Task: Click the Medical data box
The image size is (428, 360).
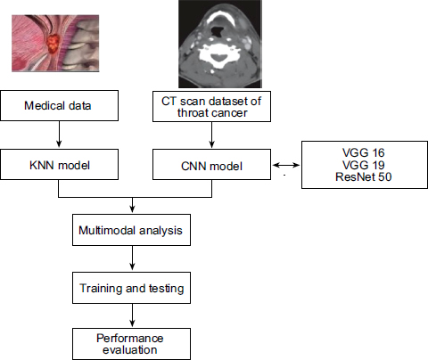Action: (59, 106)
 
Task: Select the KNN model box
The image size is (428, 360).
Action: (59, 165)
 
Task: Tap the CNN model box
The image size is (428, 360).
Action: (211, 165)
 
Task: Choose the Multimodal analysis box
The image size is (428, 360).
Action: (131, 230)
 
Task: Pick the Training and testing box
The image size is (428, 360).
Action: (131, 288)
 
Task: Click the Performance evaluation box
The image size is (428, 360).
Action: (131, 344)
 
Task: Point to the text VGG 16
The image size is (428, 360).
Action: (363, 152)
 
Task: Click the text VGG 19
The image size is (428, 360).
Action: (363, 165)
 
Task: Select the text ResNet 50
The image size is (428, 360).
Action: (363, 177)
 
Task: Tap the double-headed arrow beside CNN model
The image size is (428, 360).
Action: (286, 165)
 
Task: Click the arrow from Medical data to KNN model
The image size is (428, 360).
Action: (59, 134)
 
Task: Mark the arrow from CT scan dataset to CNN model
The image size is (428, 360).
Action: (211, 135)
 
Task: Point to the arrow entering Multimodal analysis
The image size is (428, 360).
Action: (132, 205)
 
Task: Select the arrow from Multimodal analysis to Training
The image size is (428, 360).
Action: (132, 258)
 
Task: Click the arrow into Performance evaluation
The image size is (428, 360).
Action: (132, 315)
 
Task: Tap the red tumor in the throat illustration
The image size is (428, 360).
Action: (53, 44)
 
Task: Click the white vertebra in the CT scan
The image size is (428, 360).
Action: (219, 55)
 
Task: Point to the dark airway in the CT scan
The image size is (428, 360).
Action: (218, 30)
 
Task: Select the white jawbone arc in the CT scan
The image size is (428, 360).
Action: (220, 13)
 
